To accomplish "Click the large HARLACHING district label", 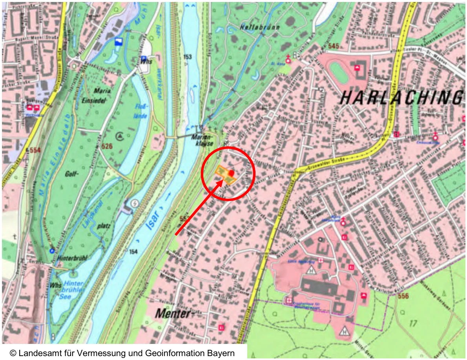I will coord(400,97).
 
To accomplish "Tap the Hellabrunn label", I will coord(255,27).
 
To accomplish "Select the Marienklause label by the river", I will coord(202,140).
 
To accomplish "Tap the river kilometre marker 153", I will coord(188,57).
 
